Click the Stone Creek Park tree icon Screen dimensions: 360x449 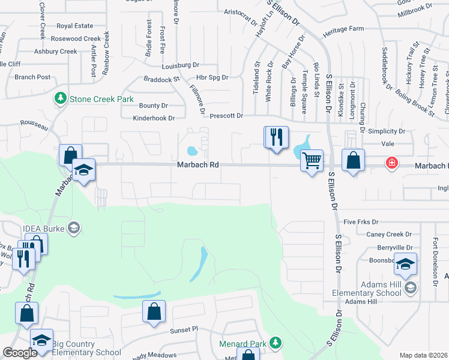tap(60, 98)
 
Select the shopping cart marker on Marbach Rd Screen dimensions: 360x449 tap(312, 161)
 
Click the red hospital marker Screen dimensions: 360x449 tap(391, 163)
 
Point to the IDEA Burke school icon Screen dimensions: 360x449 tap(73, 227)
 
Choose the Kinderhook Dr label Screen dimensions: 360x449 tap(153, 118)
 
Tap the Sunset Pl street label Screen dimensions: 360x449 tap(183, 329)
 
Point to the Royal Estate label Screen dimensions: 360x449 tap(75, 26)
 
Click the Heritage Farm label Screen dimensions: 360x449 tap(343, 29)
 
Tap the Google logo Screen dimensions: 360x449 tap(20, 353)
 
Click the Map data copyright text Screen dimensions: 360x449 tap(423, 355)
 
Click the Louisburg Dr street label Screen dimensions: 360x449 tap(180, 65)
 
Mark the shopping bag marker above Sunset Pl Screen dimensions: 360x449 tap(154, 312)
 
